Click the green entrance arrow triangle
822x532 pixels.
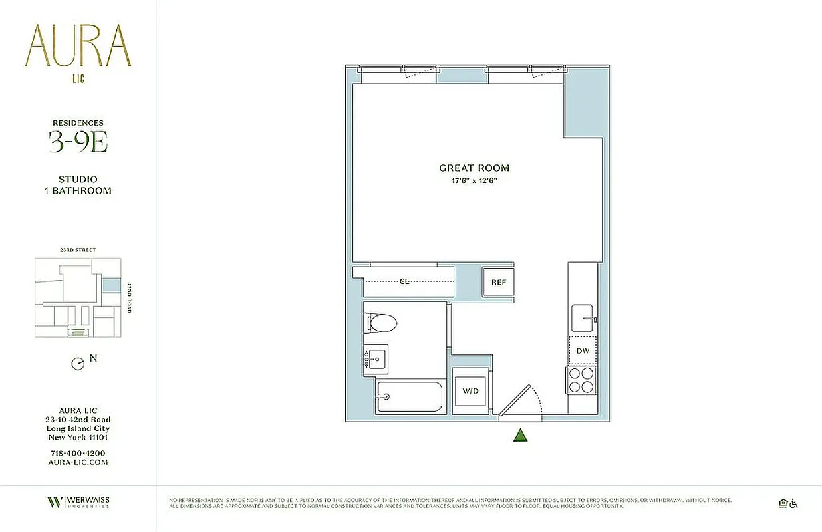click(x=521, y=436)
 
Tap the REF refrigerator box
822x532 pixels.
click(x=498, y=282)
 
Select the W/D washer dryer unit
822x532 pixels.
click(x=472, y=390)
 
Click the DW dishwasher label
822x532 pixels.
click(x=583, y=350)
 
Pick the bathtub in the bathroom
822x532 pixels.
click(x=409, y=397)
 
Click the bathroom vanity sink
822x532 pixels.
click(x=376, y=360)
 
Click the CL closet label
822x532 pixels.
click(x=404, y=281)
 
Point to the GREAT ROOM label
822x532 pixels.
click(x=474, y=168)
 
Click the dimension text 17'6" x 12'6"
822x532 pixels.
click(x=474, y=181)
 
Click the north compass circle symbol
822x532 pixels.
click(x=78, y=364)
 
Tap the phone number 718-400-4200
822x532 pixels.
click(x=78, y=453)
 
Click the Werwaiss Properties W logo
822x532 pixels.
click(x=55, y=502)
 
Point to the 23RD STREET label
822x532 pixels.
click(x=77, y=250)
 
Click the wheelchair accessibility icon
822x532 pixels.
click(x=793, y=503)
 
